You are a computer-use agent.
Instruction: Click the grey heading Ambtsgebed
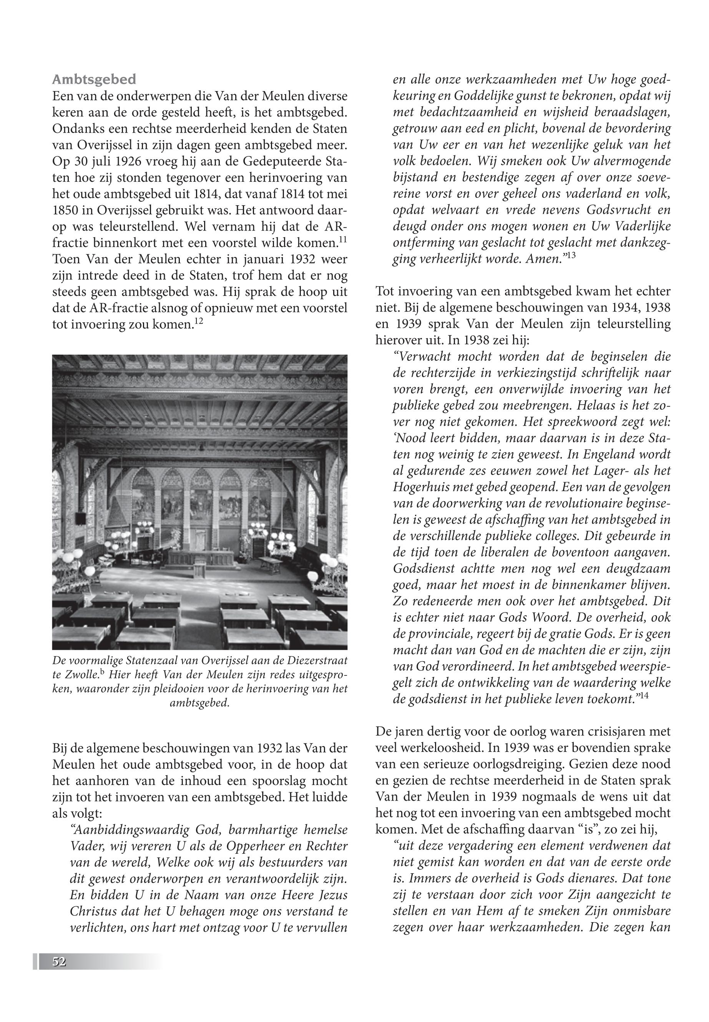(x=94, y=80)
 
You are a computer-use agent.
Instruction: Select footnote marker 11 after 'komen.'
(x=342, y=240)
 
